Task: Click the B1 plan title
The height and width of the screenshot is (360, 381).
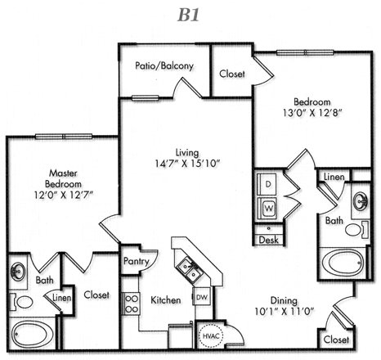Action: (189, 15)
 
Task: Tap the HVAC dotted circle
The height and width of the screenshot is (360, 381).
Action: (211, 335)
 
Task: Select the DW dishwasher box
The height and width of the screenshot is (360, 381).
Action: (202, 297)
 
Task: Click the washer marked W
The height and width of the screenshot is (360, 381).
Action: (267, 209)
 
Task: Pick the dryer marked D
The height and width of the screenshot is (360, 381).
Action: (267, 184)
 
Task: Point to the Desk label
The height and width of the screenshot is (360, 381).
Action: (269, 240)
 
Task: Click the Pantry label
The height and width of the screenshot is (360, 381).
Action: (137, 262)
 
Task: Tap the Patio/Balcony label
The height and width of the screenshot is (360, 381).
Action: (164, 65)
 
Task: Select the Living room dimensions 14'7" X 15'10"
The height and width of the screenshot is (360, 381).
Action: (187, 164)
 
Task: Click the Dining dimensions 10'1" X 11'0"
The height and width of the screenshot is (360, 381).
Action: (285, 311)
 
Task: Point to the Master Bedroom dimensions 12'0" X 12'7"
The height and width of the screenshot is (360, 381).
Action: (64, 195)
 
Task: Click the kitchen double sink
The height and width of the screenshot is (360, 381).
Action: (190, 268)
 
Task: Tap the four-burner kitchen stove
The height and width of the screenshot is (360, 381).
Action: (131, 304)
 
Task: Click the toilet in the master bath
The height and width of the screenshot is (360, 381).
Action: (22, 302)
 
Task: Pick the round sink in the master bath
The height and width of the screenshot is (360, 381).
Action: (19, 271)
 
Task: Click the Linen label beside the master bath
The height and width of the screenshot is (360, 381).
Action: (62, 298)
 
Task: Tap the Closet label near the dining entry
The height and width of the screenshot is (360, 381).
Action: (336, 340)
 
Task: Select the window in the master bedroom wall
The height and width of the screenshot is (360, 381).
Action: (64, 137)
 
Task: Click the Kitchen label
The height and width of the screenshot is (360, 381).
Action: (166, 300)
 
